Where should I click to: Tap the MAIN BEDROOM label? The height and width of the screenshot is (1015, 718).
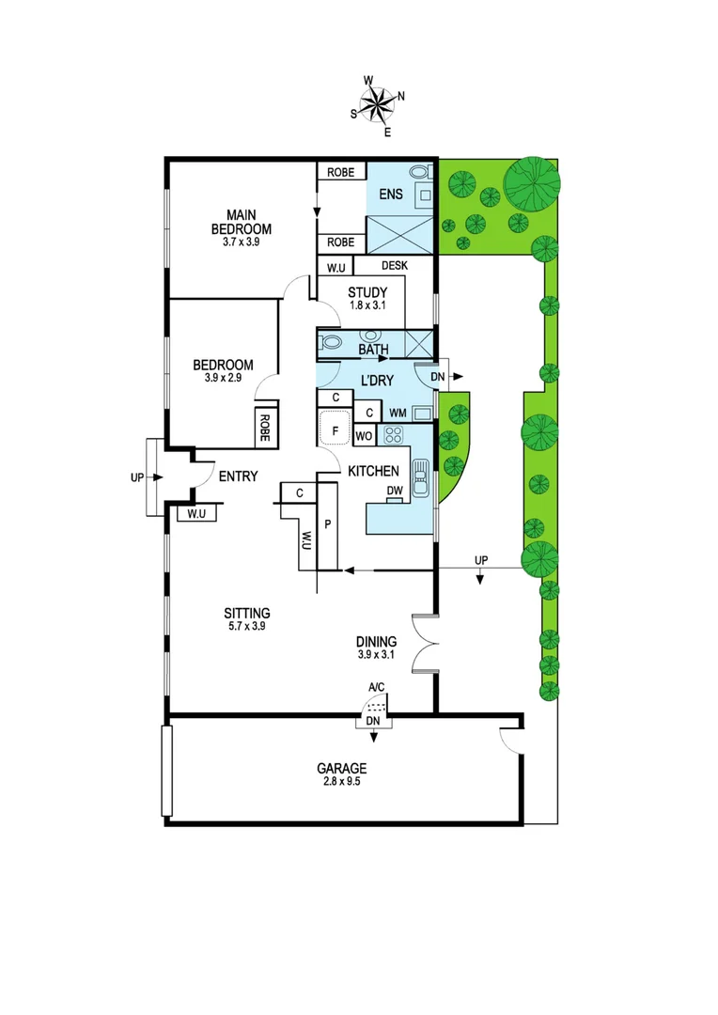[x=242, y=222]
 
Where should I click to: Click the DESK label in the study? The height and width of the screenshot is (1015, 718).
[x=395, y=266]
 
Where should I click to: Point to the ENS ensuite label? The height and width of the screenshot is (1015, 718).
[x=390, y=195]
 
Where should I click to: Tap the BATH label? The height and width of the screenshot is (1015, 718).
[x=373, y=351]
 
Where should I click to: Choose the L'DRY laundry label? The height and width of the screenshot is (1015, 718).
[x=376, y=381]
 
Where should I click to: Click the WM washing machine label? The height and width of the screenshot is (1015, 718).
[x=398, y=413]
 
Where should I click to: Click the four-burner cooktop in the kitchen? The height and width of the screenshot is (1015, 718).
[x=392, y=435]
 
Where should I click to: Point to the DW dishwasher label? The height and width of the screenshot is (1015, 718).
[x=395, y=492]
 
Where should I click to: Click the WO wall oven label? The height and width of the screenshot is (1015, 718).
[x=365, y=436]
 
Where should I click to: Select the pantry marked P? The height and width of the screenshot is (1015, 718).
[x=328, y=523]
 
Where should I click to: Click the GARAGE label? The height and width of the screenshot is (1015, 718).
[x=342, y=768]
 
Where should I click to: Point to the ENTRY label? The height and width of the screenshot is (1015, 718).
[x=238, y=476]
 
